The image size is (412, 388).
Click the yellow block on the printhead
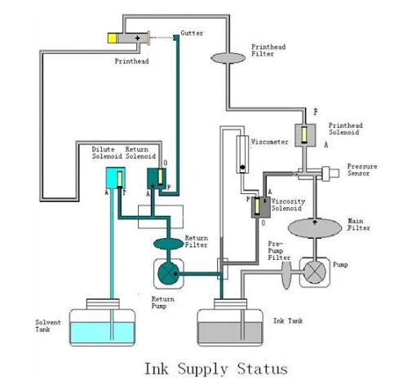(112, 38)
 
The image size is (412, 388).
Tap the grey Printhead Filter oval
(228, 58)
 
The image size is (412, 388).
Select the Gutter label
(192, 33)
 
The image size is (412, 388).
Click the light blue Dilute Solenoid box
(116, 178)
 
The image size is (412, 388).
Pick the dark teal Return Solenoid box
(157, 179)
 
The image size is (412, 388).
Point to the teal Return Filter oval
(169, 244)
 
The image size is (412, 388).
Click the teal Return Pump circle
(168, 273)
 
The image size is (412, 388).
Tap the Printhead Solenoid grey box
(305, 135)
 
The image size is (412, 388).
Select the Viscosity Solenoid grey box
(261, 207)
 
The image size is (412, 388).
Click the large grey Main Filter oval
(315, 228)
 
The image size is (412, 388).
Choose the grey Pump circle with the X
(315, 272)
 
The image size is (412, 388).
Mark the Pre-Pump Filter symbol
(286, 273)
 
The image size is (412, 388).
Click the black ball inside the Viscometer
(242, 167)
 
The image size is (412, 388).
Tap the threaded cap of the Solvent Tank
(103, 304)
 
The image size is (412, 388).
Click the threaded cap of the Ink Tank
(230, 304)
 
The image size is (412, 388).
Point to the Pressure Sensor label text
(362, 170)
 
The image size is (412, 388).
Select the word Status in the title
(262, 369)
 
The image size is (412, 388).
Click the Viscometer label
(269, 142)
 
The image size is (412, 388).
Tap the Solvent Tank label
(48, 326)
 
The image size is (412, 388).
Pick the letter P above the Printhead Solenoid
(315, 112)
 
